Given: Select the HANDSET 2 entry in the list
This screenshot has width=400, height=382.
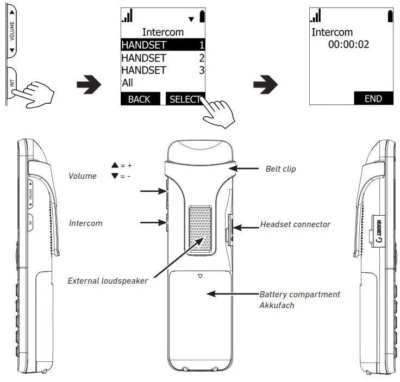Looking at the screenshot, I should tap(162, 58).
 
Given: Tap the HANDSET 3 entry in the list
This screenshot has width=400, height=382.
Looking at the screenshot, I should tap(162, 71).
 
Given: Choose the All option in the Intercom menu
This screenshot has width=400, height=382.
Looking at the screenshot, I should tap(127, 83).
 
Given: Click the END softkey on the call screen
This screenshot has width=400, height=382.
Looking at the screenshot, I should tap(373, 98).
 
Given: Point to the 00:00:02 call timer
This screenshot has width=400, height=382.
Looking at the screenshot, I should tap(348, 45).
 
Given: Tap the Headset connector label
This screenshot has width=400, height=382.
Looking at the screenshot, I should tap(295, 224).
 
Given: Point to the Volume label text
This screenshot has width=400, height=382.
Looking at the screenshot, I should tap(82, 176).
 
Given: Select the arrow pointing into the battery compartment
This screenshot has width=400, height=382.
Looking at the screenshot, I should tap(234, 294).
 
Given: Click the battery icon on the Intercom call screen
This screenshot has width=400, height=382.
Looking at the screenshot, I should tap(390, 16).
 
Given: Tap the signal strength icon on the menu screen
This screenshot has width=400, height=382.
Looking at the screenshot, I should tap(127, 16).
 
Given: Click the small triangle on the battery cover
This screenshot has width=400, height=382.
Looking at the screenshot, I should tap(201, 275).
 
